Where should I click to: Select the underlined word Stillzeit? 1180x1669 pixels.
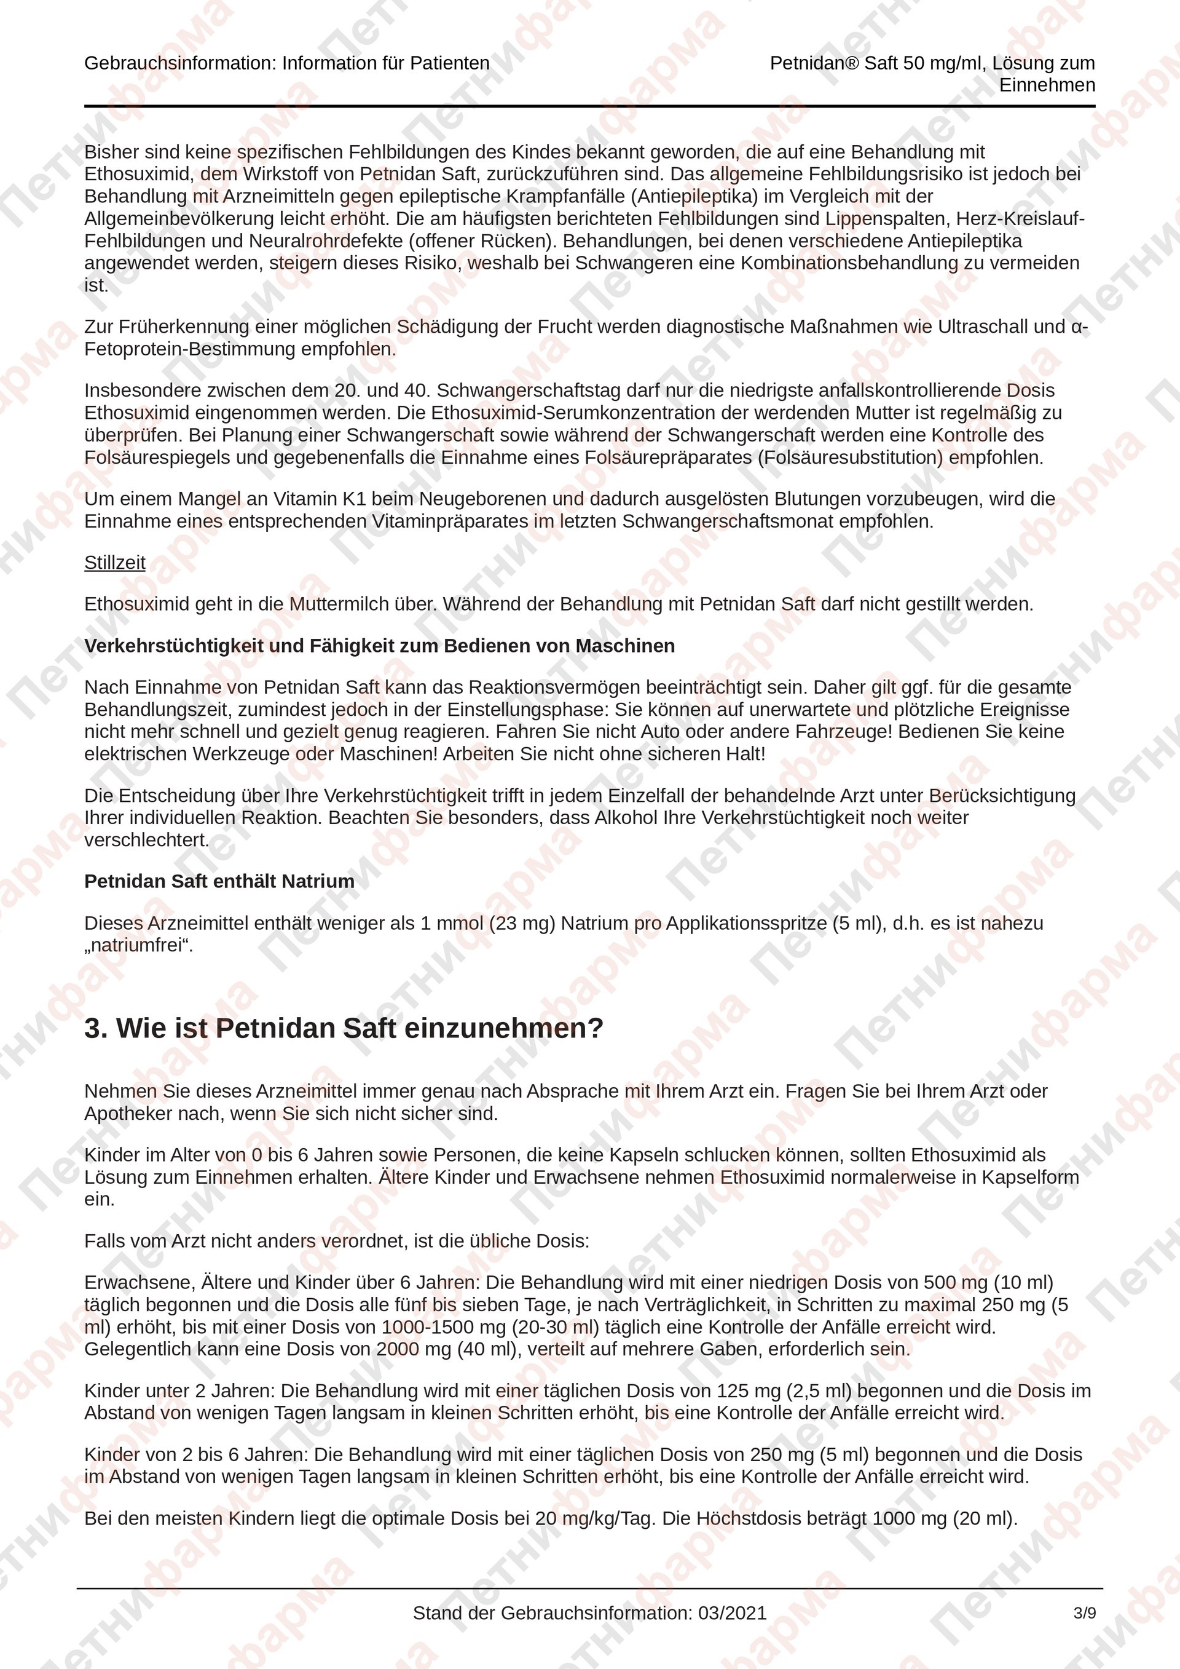tap(115, 563)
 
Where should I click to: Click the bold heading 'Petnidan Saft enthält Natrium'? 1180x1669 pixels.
tap(219, 881)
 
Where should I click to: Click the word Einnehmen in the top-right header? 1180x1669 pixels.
tap(1047, 85)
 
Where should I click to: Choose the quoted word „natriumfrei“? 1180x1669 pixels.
tap(139, 946)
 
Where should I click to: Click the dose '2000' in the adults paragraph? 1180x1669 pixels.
tap(398, 1349)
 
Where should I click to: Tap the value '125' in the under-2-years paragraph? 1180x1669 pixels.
tap(732, 1390)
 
